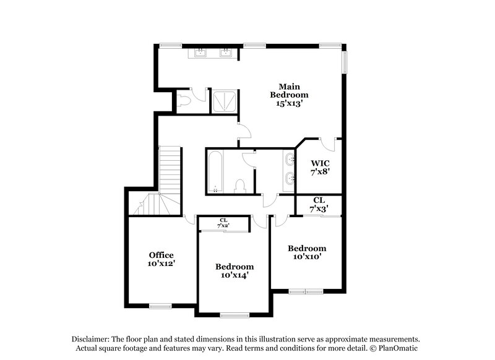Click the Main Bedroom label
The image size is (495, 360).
(288, 91)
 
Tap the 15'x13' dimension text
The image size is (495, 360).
(288, 104)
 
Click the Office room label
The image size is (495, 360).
(161, 255)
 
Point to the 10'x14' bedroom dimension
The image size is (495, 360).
(235, 275)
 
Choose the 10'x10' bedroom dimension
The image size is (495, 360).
(306, 257)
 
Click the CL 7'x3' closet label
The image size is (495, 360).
(319, 204)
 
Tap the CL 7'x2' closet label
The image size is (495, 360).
(223, 223)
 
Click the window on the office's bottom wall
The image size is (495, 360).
(160, 306)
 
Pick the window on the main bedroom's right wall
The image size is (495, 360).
(345, 61)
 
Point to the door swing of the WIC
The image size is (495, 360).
(330, 144)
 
